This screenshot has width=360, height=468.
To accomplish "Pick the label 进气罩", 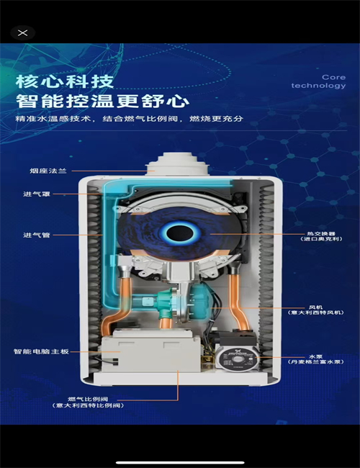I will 35,194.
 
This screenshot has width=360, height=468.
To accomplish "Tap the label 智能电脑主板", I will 40,352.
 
